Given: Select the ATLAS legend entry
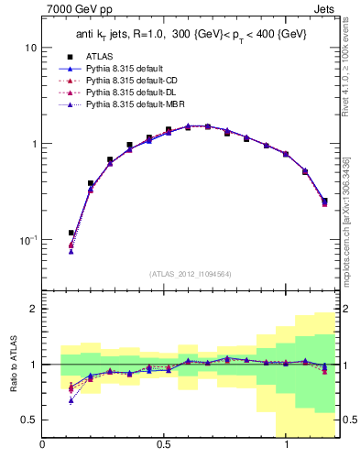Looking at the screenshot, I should tap(99, 56).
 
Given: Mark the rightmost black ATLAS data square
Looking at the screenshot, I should tap(324, 201).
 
